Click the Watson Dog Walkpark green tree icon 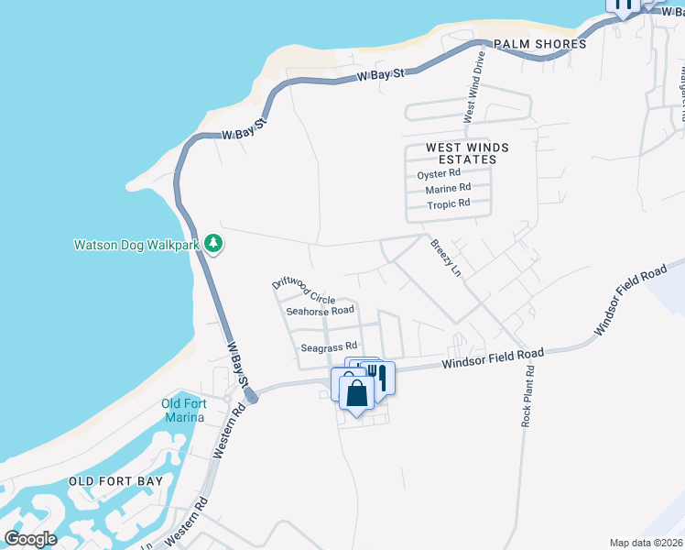click(x=212, y=244)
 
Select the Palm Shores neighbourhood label click(x=538, y=44)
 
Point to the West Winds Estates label click(x=461, y=153)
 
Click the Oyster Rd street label click(x=439, y=173)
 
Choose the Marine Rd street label click(x=447, y=190)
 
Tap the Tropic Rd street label click(x=448, y=204)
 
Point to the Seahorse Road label click(x=320, y=311)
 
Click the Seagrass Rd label click(x=328, y=347)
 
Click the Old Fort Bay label click(x=116, y=481)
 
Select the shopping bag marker click(x=356, y=393)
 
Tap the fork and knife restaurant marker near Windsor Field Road click(x=378, y=376)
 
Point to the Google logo click(x=31, y=538)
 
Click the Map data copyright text click(x=647, y=543)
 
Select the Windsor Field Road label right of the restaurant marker click(x=493, y=358)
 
